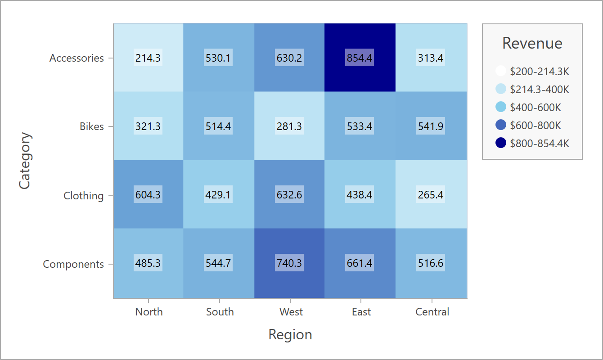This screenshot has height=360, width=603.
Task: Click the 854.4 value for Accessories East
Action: (360, 58)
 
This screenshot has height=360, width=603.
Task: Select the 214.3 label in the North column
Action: (148, 58)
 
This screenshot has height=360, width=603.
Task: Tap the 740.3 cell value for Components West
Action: (289, 263)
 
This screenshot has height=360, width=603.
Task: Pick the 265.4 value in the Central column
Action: (431, 195)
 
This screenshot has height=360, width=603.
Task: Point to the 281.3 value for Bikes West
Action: (289, 126)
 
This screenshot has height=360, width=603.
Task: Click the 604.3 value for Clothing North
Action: (148, 195)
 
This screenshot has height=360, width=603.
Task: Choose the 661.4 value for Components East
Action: (360, 263)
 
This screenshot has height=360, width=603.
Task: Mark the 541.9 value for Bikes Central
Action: (431, 126)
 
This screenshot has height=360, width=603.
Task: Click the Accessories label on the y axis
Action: (76, 58)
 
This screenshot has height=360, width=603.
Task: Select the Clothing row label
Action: (83, 196)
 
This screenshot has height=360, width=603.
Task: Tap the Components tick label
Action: (73, 264)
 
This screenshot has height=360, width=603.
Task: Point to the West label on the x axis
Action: (291, 312)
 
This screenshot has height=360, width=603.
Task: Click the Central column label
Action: (432, 312)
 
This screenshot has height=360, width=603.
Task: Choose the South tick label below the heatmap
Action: (220, 312)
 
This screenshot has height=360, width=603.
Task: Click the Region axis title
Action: (290, 335)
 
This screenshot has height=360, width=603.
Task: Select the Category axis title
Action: (25, 161)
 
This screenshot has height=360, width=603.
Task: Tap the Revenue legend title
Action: (532, 43)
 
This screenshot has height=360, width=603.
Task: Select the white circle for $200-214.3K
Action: (500, 71)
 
